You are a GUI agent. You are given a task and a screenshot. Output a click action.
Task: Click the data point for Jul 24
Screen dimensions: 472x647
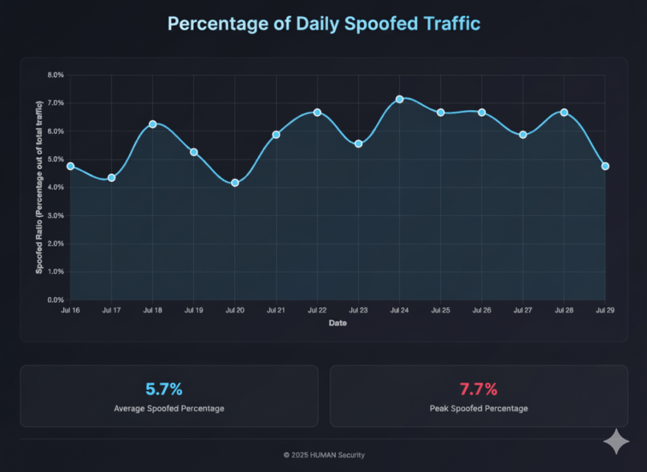[x=399, y=99]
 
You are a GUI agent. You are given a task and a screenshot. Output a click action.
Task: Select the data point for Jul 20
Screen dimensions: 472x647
[x=235, y=183]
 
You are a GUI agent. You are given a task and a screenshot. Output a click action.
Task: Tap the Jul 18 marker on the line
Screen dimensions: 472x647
[x=152, y=124]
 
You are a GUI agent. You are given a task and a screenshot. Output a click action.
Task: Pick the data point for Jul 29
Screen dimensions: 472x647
[x=605, y=166]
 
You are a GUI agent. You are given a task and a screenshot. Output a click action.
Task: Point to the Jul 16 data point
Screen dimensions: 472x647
[x=70, y=166]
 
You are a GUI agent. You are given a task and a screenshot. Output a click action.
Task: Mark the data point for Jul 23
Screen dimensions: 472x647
[x=358, y=143]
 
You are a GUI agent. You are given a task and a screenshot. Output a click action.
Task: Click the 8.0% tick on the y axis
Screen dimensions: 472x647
[x=56, y=75]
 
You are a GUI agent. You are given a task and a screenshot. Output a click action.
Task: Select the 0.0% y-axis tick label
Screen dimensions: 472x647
[x=56, y=300]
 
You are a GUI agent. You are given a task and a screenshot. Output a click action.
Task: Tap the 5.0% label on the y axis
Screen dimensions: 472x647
[x=56, y=159]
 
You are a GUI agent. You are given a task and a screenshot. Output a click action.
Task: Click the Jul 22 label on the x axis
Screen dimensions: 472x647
[x=317, y=311]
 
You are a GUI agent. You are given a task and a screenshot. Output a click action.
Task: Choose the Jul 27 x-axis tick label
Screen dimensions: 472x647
[x=523, y=311]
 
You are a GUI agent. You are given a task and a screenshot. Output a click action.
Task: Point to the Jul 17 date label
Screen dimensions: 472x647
[x=111, y=311]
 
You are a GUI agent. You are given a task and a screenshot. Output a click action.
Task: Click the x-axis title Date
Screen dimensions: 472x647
[x=337, y=323]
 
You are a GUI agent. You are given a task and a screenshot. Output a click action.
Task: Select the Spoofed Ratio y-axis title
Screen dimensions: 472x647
[x=39, y=188]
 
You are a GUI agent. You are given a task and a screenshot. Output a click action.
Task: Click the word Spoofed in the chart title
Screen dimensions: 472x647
[x=373, y=24]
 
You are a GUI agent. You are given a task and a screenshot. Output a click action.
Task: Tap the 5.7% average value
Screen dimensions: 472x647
[x=169, y=389]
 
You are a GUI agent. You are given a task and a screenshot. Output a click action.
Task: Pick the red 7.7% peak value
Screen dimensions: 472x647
[x=478, y=389]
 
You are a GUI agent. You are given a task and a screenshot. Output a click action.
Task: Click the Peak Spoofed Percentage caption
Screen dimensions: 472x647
[x=478, y=408]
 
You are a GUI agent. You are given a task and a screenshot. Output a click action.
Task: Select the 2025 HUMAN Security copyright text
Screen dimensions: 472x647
[x=323, y=455]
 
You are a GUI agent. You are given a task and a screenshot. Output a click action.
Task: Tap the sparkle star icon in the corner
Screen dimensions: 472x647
[x=616, y=442]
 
